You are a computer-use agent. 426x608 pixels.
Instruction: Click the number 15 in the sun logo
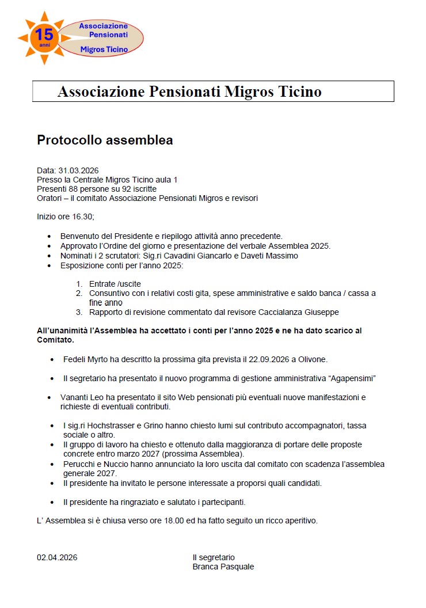coord(44,35)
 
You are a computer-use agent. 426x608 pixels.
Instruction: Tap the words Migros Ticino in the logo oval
coord(104,50)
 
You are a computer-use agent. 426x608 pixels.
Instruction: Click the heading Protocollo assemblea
coord(105,140)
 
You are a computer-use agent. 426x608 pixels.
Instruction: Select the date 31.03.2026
coord(78,170)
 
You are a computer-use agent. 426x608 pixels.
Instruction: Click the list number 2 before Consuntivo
coord(79,293)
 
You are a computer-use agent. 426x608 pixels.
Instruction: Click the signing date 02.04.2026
coord(57,557)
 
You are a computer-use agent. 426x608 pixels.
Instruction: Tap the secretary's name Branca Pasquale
coord(223,567)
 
